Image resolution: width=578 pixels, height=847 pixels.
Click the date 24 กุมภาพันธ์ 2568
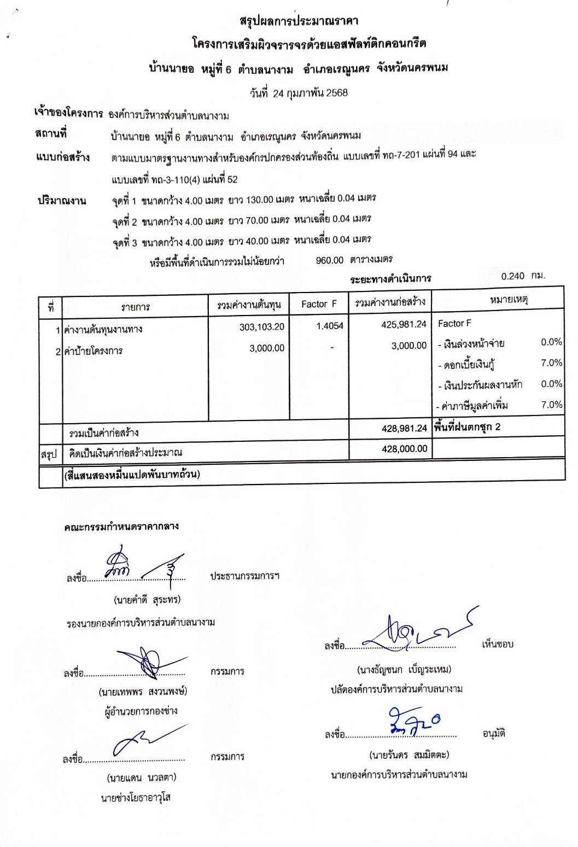(x=310, y=93)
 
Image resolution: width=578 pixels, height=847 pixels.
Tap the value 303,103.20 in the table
(x=262, y=327)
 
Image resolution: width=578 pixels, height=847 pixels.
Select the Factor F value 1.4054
(x=330, y=326)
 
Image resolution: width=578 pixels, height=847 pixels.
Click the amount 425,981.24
(x=404, y=324)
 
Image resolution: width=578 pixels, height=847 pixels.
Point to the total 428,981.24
(x=404, y=428)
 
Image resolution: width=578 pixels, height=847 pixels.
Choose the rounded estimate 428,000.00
(x=405, y=449)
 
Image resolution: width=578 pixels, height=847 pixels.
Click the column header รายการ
(x=135, y=307)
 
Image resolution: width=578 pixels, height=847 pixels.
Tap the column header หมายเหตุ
(x=509, y=300)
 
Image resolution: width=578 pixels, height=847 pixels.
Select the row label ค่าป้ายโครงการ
(x=94, y=351)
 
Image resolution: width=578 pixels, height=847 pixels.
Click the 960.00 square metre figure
(x=330, y=260)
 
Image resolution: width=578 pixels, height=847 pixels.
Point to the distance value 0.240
(x=512, y=276)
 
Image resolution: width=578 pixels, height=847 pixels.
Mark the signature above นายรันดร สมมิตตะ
(x=413, y=722)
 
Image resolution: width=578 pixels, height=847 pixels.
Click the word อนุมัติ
(x=494, y=734)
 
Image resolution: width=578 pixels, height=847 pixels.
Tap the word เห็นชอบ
(x=498, y=644)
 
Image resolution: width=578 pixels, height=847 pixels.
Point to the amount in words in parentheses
(x=132, y=474)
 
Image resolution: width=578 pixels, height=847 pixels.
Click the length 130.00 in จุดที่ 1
(x=259, y=200)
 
